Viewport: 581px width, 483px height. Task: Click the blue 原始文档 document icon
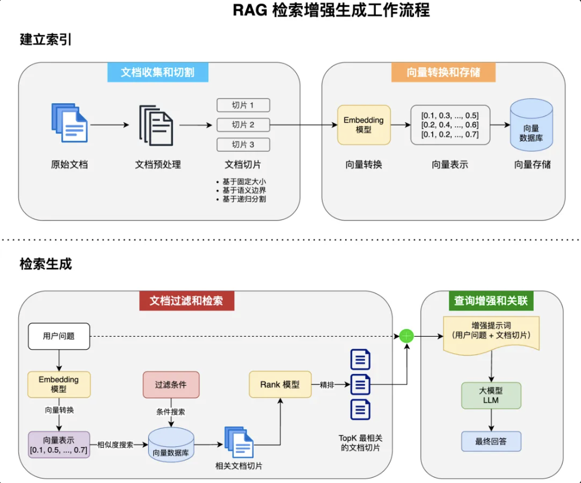point(69,123)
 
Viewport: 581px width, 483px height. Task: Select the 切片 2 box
point(243,125)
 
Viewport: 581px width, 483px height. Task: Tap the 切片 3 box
point(243,144)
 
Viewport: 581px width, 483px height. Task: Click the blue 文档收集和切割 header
point(157,73)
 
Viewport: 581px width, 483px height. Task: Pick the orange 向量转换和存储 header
point(443,73)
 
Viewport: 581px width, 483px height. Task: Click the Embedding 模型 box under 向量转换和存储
point(364,125)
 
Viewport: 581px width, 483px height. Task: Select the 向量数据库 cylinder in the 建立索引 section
point(531,125)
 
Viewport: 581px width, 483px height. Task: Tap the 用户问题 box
point(59,336)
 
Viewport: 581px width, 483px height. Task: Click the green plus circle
point(406,336)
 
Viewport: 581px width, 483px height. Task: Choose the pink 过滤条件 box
point(171,385)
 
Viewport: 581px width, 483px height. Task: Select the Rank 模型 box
point(280,385)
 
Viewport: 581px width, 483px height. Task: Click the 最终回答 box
point(491,441)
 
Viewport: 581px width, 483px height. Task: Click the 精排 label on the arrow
point(327,385)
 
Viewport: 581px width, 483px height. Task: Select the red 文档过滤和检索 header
point(186,301)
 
